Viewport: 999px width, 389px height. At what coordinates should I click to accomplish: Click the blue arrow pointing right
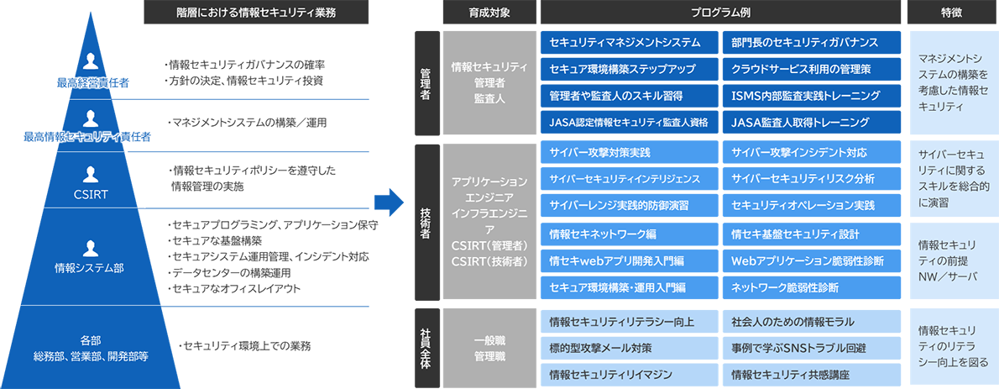coord(389,202)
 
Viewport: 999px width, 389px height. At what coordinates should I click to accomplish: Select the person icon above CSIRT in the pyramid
coord(92,175)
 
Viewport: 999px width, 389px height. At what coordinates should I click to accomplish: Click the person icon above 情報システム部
coord(92,248)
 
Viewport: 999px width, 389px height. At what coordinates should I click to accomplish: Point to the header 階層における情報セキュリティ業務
coord(243,13)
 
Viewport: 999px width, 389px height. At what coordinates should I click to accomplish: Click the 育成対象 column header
coord(488,13)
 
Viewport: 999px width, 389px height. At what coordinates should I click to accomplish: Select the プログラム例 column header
coord(720,13)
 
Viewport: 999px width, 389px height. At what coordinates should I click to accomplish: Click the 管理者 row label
coord(426,83)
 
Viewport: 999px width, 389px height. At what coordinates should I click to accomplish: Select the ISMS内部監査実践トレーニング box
coord(811,96)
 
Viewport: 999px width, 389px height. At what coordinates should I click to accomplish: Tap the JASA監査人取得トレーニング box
coord(811,123)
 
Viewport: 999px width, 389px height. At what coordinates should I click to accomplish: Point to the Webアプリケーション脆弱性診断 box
coord(811,260)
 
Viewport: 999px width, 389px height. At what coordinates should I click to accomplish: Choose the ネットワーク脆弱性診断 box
coord(811,287)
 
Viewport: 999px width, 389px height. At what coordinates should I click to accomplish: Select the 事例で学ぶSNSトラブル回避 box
coord(811,347)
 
